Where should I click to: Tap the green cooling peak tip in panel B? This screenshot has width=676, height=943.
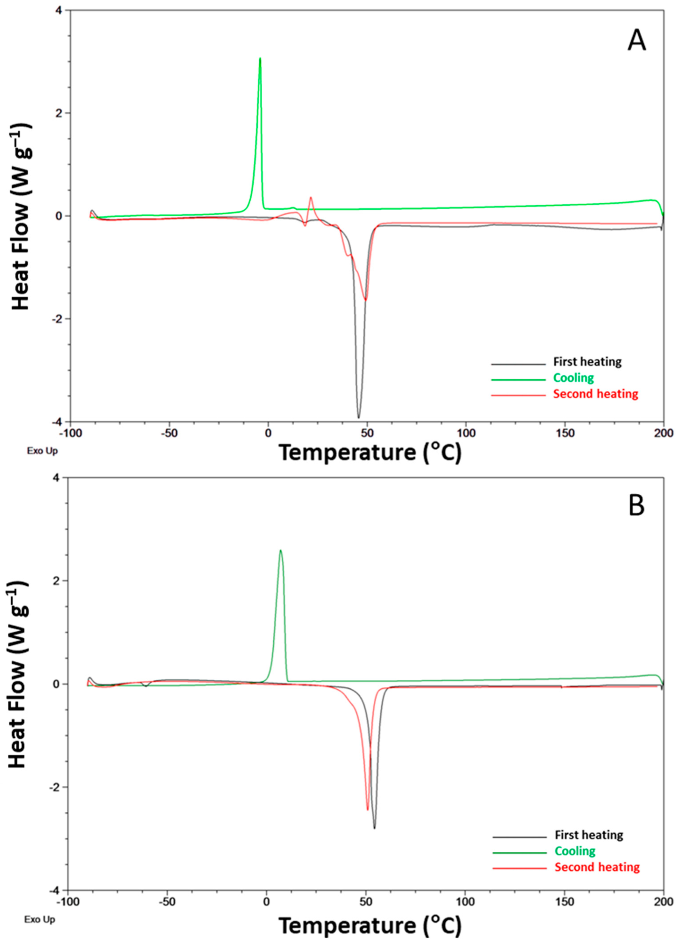281,550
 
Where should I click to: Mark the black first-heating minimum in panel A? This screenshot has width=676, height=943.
358,417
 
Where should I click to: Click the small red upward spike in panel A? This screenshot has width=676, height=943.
311,198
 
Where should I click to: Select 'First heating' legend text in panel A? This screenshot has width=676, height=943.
587,362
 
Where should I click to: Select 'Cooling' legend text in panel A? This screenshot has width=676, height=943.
573,378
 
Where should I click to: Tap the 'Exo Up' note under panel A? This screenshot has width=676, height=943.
42,450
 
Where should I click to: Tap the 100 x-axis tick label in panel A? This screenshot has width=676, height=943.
466,432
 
